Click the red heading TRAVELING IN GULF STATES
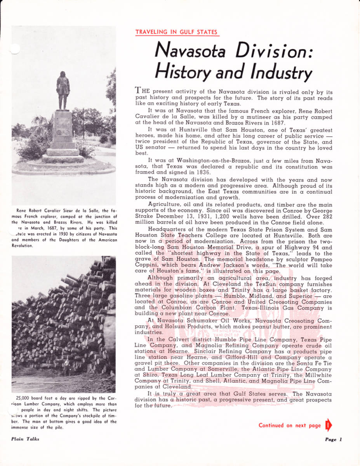pos(176,32)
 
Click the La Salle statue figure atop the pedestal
pos(63,90)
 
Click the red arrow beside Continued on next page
pos(328,425)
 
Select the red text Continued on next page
pos(290,425)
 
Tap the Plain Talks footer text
pos(25,439)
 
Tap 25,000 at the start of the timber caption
pos(23,398)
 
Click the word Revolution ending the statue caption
pos(24,245)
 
